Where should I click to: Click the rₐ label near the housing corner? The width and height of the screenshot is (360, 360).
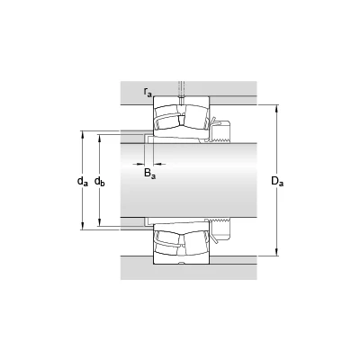point(148,93)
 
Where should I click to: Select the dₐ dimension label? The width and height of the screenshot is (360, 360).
point(83,181)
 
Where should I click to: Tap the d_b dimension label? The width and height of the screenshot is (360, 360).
point(100,181)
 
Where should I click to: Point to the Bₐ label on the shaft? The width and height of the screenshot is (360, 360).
point(150,173)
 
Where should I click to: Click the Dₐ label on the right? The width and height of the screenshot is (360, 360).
point(277,181)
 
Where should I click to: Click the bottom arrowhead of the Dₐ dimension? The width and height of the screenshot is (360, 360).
point(277,252)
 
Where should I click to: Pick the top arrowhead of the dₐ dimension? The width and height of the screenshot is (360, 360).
point(83,135)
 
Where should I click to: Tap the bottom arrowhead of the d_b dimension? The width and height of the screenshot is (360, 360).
point(100,222)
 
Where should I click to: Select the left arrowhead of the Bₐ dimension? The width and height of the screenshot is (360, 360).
point(140,164)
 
